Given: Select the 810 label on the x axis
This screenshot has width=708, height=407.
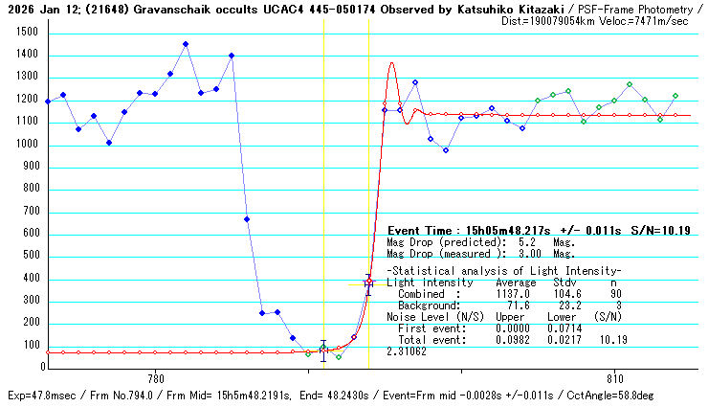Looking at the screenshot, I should pos(615,377).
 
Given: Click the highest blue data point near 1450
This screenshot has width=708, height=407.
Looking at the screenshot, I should pos(186,44).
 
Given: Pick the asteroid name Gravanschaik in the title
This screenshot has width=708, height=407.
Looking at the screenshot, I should pos(155,10).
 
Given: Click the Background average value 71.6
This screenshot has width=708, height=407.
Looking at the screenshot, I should pos(518,305).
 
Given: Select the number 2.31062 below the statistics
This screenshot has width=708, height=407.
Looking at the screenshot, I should pos(406,352).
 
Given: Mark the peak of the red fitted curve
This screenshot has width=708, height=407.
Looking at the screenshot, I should pos(391,63).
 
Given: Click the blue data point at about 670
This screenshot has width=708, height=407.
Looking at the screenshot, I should pos(247,219).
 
